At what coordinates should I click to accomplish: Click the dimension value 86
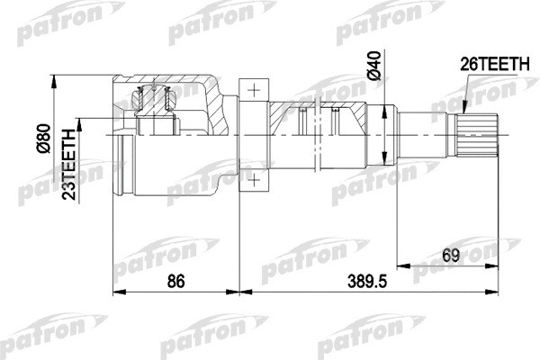pos(176,281)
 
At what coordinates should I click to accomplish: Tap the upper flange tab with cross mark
pos(255,89)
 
